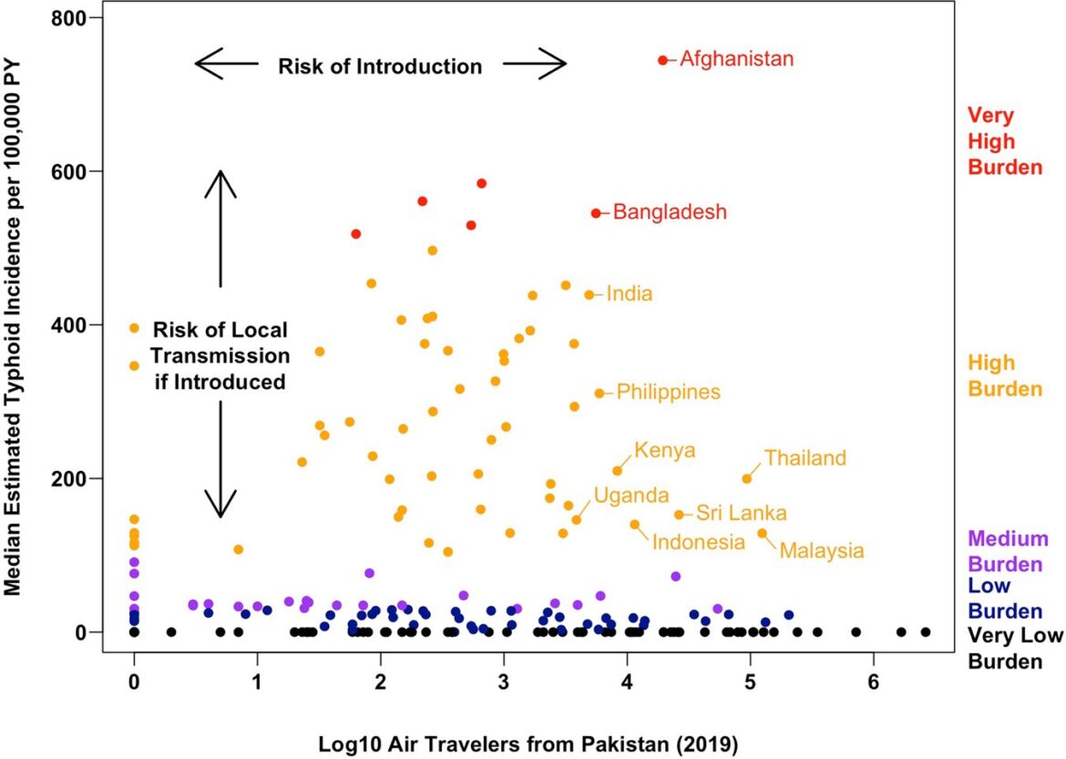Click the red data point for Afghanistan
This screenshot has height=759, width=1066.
coord(662,60)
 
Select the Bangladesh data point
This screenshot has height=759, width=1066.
coord(596,213)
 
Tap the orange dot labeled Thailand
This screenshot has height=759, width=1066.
coord(747,478)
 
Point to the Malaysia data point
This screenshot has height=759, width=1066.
coord(763,533)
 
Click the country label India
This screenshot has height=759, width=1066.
coord(630,294)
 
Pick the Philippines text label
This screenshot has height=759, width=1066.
coord(669,393)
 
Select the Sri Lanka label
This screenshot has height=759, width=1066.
coord(742,514)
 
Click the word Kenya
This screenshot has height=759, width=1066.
coord(665,450)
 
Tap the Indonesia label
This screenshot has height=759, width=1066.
coord(699,542)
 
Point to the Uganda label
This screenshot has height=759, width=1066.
coord(632,495)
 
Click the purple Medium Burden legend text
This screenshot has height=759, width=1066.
coord(1009,550)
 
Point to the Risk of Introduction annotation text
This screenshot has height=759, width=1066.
coord(380,67)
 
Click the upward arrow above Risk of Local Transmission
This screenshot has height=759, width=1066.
coord(220,228)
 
